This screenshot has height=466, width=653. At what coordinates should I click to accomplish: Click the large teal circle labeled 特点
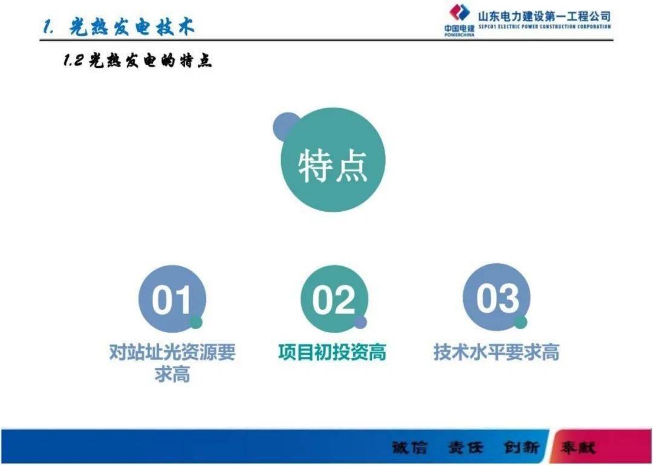pyautogui.click(x=333, y=160)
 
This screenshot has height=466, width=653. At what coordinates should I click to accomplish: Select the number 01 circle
pyautogui.click(x=172, y=299)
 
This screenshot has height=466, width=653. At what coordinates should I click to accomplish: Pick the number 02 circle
pyautogui.click(x=333, y=299)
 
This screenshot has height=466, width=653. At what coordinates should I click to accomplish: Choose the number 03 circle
pyautogui.click(x=496, y=298)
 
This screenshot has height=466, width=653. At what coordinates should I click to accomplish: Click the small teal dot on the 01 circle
pyautogui.click(x=196, y=323)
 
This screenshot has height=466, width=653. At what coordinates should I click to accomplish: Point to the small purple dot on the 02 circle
pyautogui.click(x=360, y=323)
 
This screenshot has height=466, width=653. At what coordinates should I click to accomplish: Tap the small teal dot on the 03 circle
pyautogui.click(x=521, y=322)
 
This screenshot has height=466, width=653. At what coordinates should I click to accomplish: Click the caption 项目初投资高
pyautogui.click(x=333, y=352)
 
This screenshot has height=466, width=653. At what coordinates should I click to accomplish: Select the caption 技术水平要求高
pyautogui.click(x=496, y=352)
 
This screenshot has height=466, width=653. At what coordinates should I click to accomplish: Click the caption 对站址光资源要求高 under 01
pyautogui.click(x=172, y=363)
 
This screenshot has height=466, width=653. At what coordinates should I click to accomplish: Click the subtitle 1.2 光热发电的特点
pyautogui.click(x=138, y=61)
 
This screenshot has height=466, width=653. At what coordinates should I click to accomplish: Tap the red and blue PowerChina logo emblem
pyautogui.click(x=459, y=13)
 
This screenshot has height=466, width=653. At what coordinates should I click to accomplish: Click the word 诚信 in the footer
pyautogui.click(x=409, y=448)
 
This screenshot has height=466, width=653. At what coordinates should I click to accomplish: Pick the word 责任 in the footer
pyautogui.click(x=466, y=448)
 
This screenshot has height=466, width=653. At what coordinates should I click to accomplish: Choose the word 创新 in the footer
pyautogui.click(x=521, y=448)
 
